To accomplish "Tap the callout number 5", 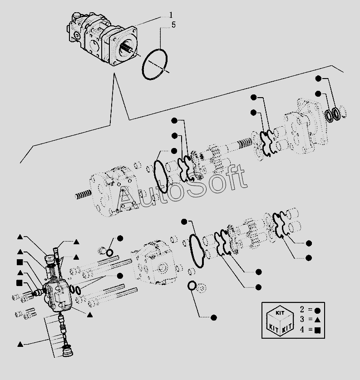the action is pos(173,25).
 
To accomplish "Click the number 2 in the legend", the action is pos(302,309).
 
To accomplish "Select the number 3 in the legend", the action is pos(302,320).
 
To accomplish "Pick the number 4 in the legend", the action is pos(302,331).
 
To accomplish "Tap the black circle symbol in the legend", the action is pos(318,310).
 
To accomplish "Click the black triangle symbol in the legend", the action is pos(318,320).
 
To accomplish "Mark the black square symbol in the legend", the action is pos(318,331).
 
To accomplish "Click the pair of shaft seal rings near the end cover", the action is pos(335,114).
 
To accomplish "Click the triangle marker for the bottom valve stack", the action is pos(20,344).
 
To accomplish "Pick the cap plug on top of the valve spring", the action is pos(49,261).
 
